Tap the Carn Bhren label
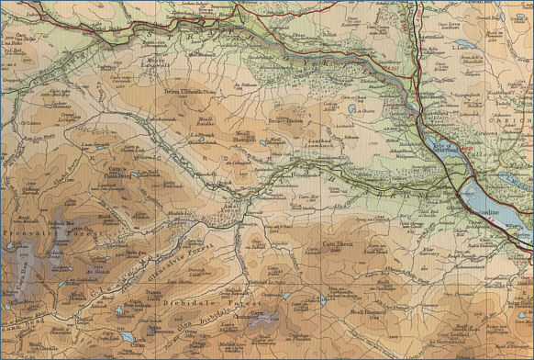click(x=337, y=245)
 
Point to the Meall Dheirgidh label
click(x=249, y=136)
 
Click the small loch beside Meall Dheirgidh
click(x=265, y=143)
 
